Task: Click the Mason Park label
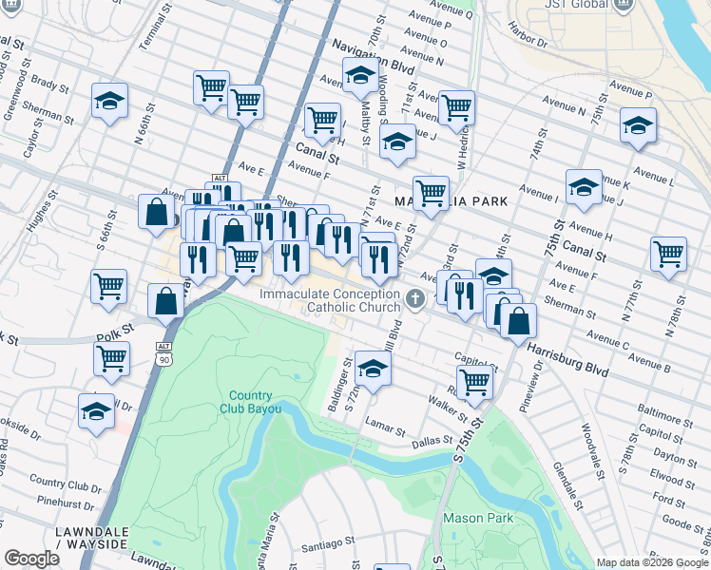click(477, 518)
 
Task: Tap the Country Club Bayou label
click(250, 403)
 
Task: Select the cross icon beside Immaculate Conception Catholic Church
click(414, 299)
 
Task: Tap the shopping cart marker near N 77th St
click(668, 254)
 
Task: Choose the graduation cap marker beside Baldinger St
click(372, 368)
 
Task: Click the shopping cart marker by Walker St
click(473, 382)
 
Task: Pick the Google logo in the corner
click(31, 559)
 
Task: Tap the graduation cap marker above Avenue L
click(637, 125)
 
